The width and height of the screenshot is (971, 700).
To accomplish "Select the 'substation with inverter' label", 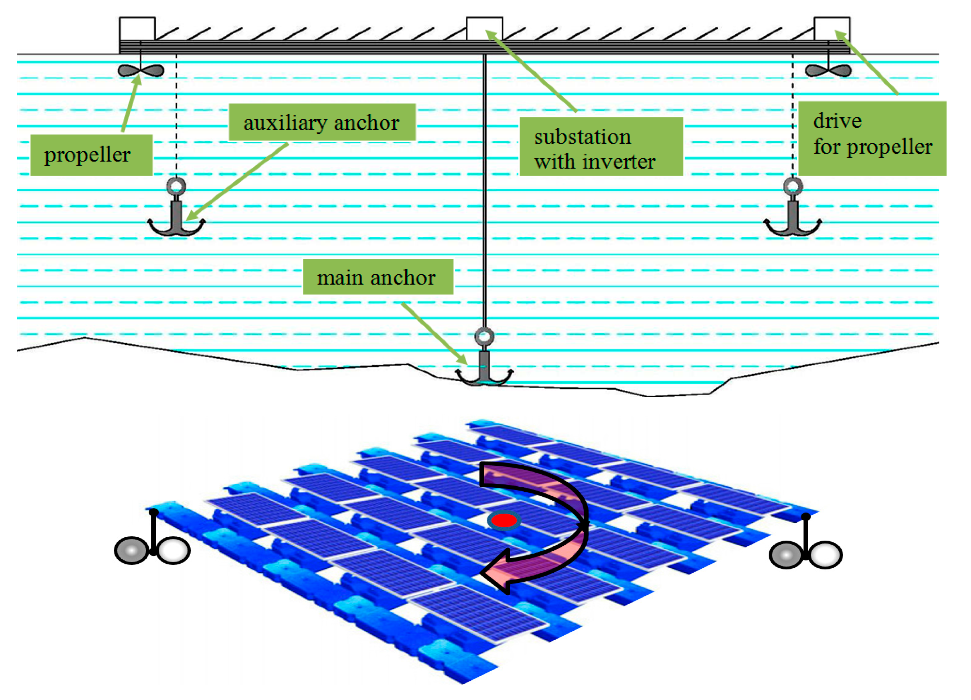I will point(601,147).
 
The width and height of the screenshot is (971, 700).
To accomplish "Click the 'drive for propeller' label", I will point(872,138).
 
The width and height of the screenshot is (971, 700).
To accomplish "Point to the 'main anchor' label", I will point(378,277).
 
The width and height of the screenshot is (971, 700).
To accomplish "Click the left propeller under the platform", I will point(141,71).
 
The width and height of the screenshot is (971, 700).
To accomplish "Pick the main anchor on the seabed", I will point(484,370).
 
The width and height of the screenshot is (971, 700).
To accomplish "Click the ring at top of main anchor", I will point(484,336).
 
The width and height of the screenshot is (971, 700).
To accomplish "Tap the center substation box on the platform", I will point(484,29).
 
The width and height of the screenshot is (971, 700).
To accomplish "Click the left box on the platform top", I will point(137,29).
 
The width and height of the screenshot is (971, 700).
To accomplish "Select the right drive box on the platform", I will point(831,29).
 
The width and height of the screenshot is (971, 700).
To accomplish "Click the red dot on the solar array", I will point(504,521).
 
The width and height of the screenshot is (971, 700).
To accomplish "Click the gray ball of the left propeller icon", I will point(131,551).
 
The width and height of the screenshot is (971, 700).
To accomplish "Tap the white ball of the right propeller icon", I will point(826,555).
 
